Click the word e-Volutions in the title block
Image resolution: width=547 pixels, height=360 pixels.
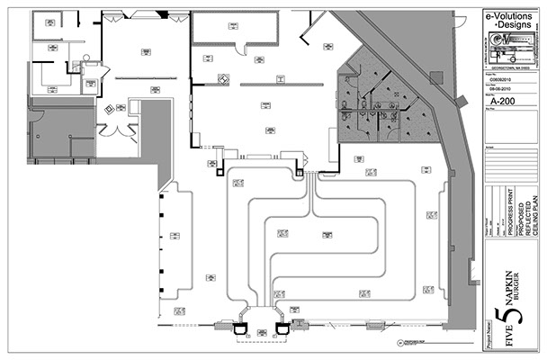pos(510,16)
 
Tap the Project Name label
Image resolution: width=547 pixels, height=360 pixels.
pos(490,332)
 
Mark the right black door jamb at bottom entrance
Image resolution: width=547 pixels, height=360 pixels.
pos(282,325)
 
